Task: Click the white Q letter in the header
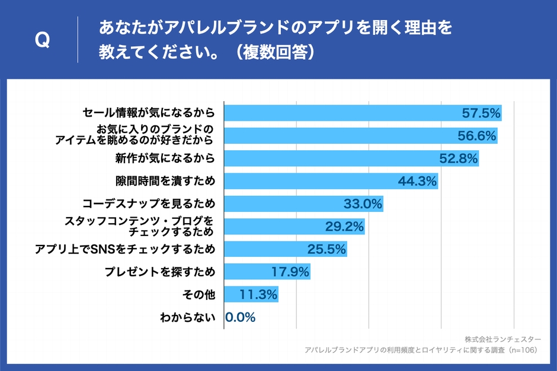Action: [x=42, y=40]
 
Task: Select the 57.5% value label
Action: [x=481, y=113]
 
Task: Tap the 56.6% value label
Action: [x=476, y=136]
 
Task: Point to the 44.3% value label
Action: [x=418, y=181]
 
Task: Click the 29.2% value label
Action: [x=344, y=227]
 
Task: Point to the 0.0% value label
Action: [x=241, y=317]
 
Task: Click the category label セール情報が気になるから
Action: [x=148, y=113]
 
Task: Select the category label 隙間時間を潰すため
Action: [x=165, y=181]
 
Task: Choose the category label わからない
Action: [x=187, y=318]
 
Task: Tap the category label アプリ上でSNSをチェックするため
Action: [x=125, y=249]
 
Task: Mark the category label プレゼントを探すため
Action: [x=159, y=272]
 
